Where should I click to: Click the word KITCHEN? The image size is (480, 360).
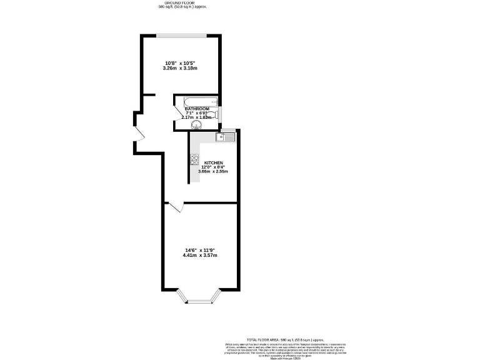tap(213, 162)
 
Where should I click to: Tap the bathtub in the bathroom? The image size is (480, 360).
tap(197, 101)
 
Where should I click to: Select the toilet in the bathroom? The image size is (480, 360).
tap(211, 114)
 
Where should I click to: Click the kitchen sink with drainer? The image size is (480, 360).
tap(225, 137)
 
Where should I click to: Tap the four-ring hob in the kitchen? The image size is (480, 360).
tap(194, 159)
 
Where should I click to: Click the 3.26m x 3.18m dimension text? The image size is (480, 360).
tap(180, 68)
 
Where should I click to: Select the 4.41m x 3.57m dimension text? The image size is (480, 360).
tap(200, 255)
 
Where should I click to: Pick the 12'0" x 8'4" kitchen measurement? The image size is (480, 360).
tap(213, 167)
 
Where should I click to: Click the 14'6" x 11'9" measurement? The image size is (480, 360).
tap(200, 251)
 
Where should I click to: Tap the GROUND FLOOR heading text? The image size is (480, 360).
tap(182, 3)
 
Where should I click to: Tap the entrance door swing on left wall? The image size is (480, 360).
tap(139, 132)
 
